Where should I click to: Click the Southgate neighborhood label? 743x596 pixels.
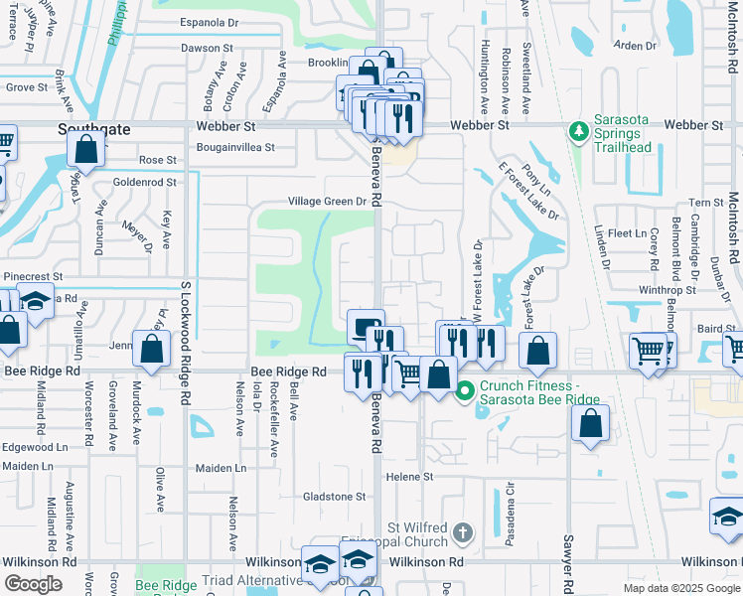(94, 129)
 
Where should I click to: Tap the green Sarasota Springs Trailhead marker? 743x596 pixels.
(578, 131)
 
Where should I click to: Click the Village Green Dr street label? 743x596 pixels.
(328, 201)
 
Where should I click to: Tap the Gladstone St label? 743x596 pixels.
(334, 497)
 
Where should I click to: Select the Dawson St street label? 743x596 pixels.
(207, 47)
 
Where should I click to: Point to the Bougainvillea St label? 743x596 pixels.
(223, 146)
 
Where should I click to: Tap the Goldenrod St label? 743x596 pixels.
(144, 182)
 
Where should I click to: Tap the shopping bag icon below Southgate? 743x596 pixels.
(86, 150)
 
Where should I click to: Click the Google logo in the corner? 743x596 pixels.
(34, 583)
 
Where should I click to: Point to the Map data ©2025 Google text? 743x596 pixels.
(680, 588)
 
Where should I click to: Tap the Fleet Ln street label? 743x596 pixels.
(627, 232)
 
